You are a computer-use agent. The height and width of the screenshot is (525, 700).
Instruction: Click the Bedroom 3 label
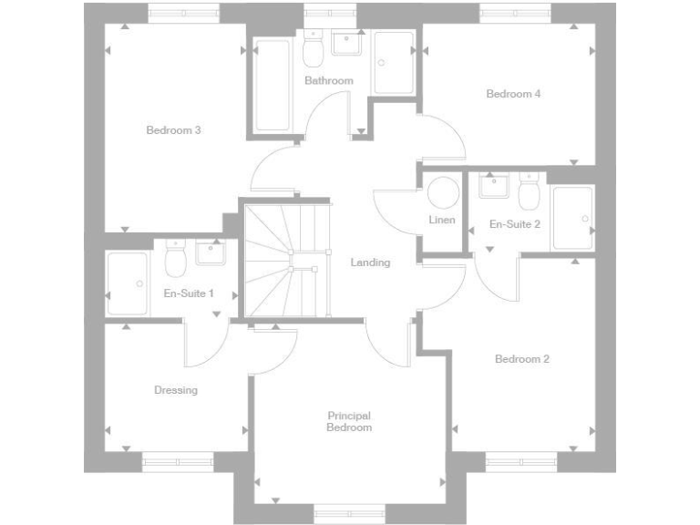pyautogui.click(x=173, y=130)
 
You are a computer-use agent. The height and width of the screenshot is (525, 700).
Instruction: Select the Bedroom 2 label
pyautogui.click(x=521, y=359)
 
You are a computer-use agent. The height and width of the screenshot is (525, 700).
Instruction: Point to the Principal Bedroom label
pyautogui.click(x=350, y=421)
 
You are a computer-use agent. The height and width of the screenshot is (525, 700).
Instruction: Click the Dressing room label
pyautogui.click(x=175, y=390)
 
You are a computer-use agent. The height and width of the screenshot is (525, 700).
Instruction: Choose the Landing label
pyautogui.click(x=370, y=262)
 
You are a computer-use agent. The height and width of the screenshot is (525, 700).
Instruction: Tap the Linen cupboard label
pyautogui.click(x=441, y=221)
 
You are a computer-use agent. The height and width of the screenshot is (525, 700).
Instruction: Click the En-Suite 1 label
pyautogui.click(x=189, y=293)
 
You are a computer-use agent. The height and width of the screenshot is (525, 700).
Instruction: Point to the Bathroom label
pyautogui.click(x=328, y=81)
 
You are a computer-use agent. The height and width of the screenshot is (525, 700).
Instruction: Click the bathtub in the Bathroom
pyautogui.click(x=273, y=85)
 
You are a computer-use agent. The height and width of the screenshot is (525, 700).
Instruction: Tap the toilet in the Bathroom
pyautogui.click(x=314, y=52)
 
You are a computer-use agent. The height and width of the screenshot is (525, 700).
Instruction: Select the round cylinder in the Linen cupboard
pyautogui.click(x=443, y=194)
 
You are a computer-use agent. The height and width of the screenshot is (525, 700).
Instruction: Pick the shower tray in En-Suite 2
pyautogui.click(x=572, y=217)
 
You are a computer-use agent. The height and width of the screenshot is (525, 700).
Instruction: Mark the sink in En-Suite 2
pyautogui.click(x=493, y=184)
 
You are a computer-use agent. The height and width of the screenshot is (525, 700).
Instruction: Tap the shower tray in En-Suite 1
pyautogui.click(x=127, y=283)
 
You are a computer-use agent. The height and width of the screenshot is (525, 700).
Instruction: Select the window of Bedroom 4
pyautogui.click(x=516, y=13)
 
